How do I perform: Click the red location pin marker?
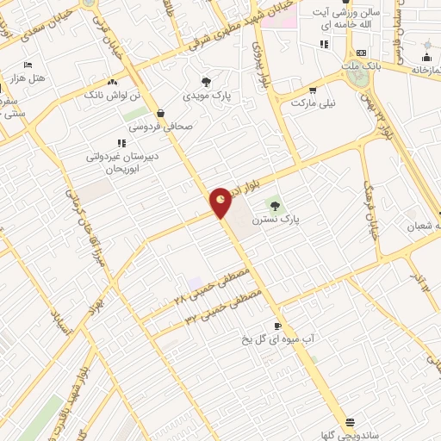(x=221, y=202)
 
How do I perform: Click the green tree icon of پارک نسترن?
(x=275, y=205)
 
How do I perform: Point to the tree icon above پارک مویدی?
(x=204, y=81)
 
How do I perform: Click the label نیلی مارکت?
(x=312, y=102)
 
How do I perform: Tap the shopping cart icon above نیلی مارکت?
(x=312, y=89)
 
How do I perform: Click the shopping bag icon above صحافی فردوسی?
(x=160, y=112)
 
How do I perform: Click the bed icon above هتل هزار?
(x=28, y=65)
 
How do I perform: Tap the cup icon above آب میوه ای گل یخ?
(x=276, y=326)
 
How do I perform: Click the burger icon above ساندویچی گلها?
(x=350, y=422)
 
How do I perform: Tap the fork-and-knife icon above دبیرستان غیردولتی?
(x=120, y=143)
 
